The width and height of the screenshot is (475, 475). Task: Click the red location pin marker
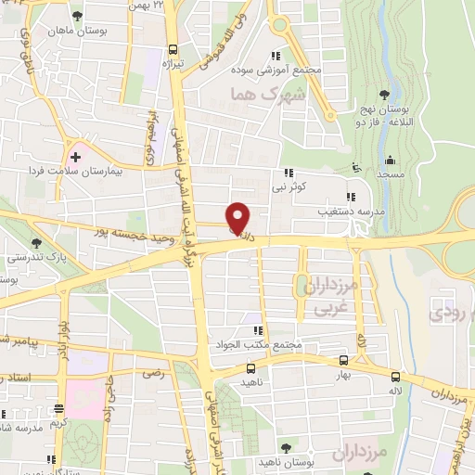tap(238, 218)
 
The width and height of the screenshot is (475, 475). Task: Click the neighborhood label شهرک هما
tap(255, 94)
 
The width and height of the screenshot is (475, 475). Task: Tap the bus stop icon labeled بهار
tap(343, 362)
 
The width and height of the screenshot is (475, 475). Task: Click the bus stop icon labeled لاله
tap(395, 378)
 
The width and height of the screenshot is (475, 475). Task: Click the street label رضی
tap(152, 373)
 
